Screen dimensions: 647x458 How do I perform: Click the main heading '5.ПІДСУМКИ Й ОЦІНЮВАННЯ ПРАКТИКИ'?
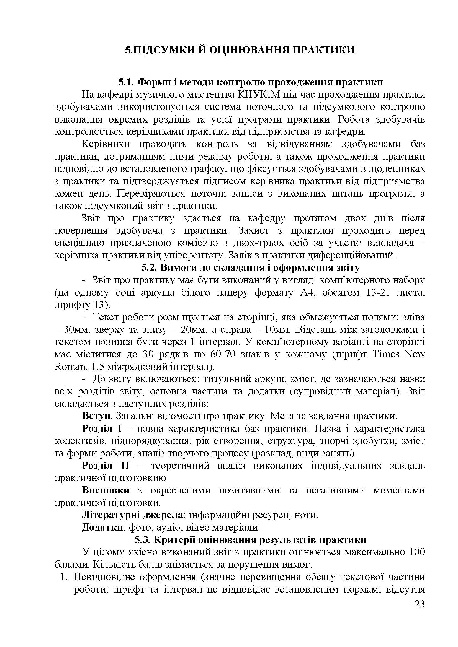tap(240, 50)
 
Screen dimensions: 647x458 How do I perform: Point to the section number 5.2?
tap(149, 268)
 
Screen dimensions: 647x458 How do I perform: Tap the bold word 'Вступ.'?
tap(97, 416)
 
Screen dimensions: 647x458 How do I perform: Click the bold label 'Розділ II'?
tap(106, 466)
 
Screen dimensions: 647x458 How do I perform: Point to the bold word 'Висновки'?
tap(106, 490)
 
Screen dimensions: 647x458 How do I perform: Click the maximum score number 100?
tap(416, 552)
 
